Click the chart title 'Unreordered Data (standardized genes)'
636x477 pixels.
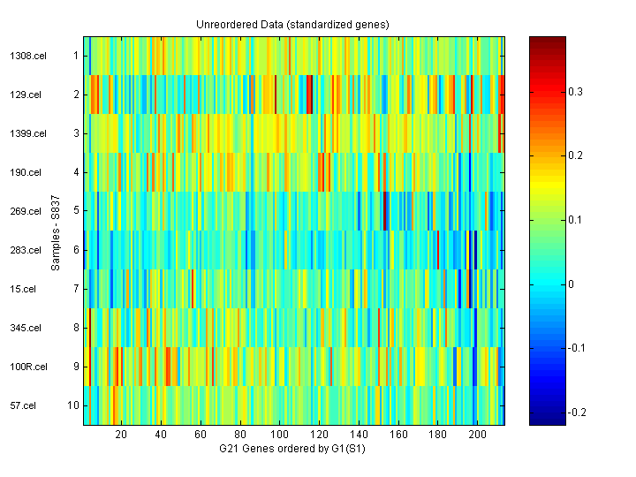click(x=292, y=24)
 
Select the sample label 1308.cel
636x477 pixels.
click(x=21, y=56)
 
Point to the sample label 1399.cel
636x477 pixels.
click(x=21, y=133)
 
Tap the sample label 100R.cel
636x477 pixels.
click(x=22, y=367)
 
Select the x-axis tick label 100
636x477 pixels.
click(x=280, y=435)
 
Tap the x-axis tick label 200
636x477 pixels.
click(x=478, y=435)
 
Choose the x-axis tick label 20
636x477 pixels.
click(x=122, y=435)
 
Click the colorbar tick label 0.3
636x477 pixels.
click(x=575, y=92)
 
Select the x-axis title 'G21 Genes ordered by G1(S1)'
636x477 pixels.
click(x=292, y=450)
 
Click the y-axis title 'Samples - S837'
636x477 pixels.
click(x=55, y=231)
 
